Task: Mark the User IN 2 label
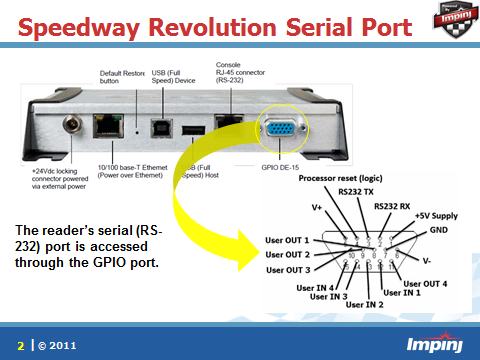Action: pyautogui.click(x=365, y=304)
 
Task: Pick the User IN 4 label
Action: pyautogui.click(x=318, y=287)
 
